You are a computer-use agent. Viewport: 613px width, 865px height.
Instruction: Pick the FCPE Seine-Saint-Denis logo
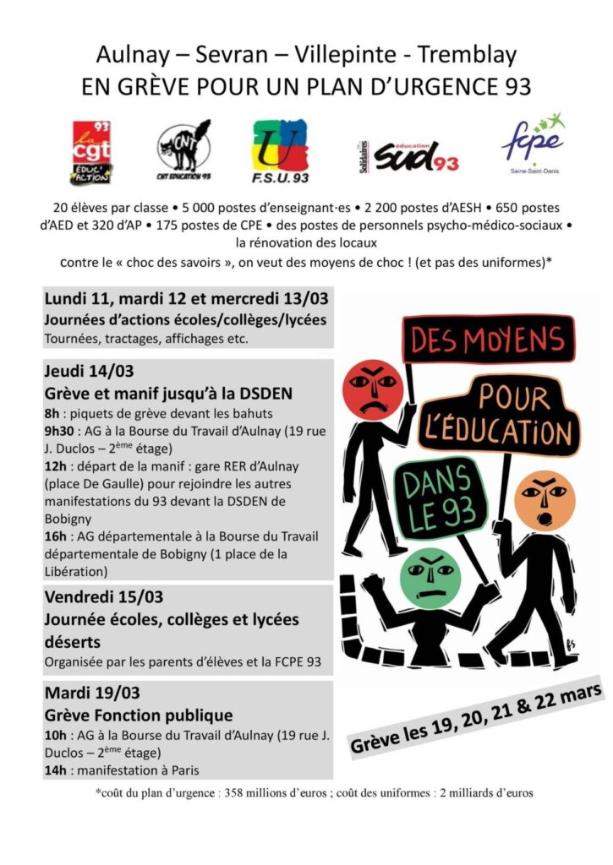pyautogui.click(x=533, y=145)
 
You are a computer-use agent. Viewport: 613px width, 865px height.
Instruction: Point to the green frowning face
pyautogui.click(x=430, y=576)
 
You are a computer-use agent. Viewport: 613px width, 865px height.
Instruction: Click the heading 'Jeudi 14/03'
pyautogui.click(x=89, y=370)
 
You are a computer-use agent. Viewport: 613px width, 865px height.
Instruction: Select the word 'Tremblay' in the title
pyautogui.click(x=463, y=56)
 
